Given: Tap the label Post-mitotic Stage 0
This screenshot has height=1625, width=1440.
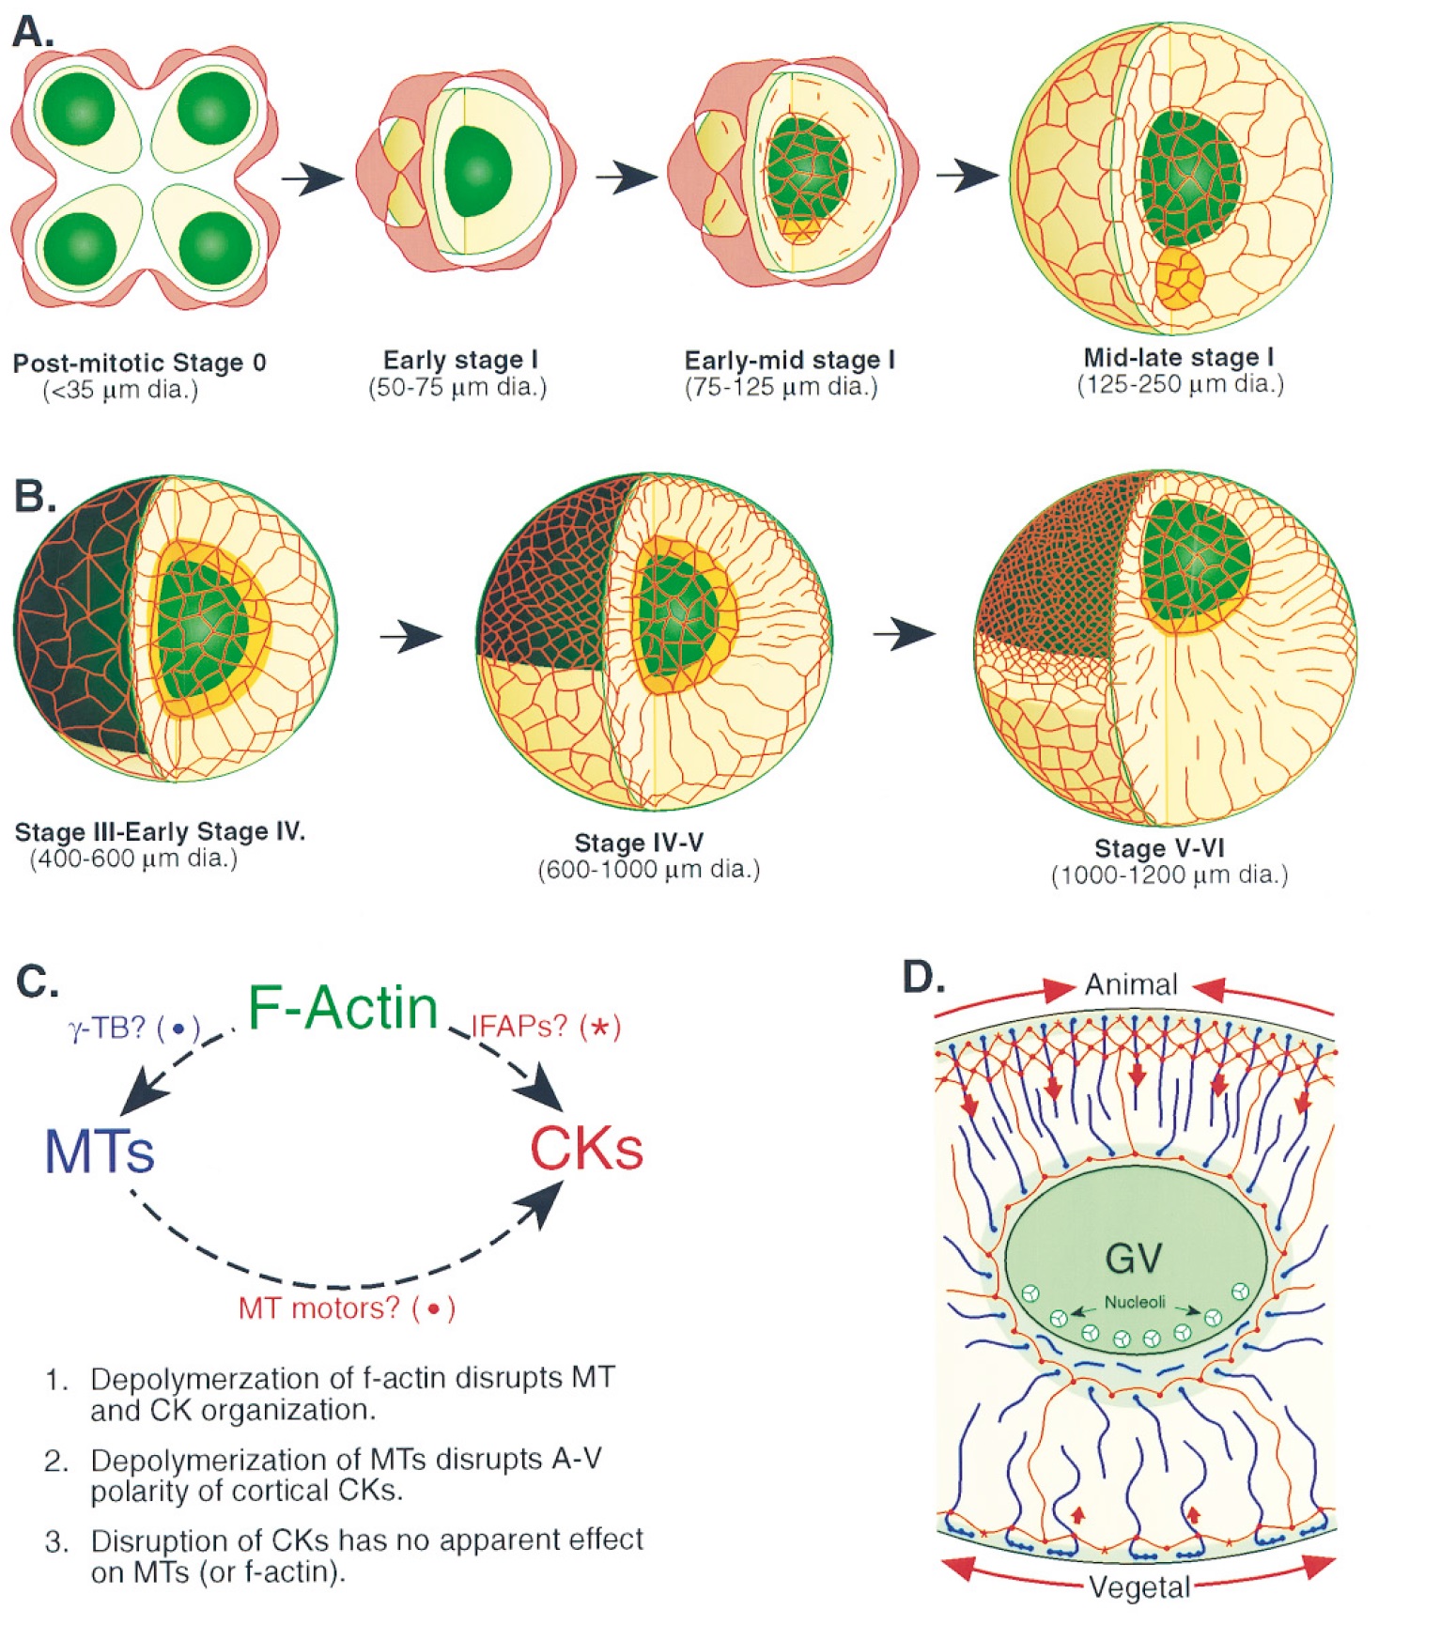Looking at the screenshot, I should click(139, 364).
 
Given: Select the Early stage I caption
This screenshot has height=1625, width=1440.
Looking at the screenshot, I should click(459, 361).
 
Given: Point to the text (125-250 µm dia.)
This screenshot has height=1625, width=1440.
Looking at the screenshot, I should click(1180, 384).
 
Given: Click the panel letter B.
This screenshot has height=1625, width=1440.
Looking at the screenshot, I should click(35, 496).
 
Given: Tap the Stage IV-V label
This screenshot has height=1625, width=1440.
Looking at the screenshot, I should click(639, 842).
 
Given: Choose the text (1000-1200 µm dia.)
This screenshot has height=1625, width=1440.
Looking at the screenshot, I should click(1169, 875).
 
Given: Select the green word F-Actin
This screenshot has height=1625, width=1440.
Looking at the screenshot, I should click(343, 1007).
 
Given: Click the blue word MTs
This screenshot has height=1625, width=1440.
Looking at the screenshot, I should click(100, 1152).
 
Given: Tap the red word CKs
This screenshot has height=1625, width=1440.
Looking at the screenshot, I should click(586, 1148).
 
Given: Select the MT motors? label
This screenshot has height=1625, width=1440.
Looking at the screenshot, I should click(346, 1308).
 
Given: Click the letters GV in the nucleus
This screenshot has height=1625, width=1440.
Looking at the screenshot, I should click(1134, 1257).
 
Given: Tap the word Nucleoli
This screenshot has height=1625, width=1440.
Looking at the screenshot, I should click(1135, 1302).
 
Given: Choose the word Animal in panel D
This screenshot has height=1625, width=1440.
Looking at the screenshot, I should click(1131, 984).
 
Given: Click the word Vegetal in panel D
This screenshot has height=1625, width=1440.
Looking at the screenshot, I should click(1139, 1587).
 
